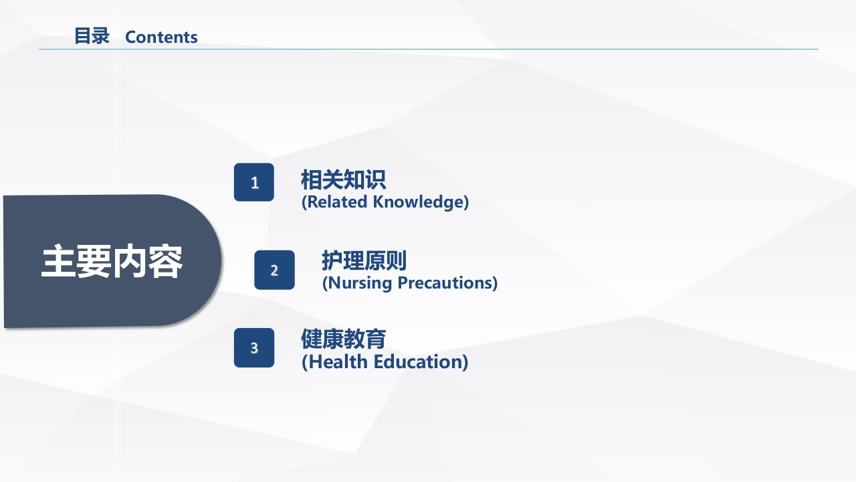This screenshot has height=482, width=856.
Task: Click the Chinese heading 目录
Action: [92, 36]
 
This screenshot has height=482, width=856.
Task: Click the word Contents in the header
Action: [161, 37]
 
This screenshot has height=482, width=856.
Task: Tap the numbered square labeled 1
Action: [254, 182]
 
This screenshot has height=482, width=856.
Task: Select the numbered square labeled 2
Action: [274, 270]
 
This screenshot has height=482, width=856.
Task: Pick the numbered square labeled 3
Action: [254, 347]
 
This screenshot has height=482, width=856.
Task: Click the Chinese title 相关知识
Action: [343, 180]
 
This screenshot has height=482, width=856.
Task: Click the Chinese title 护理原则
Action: [364, 260]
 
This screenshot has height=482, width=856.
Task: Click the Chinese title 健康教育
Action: [343, 339]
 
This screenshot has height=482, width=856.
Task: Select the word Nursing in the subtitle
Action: [360, 283]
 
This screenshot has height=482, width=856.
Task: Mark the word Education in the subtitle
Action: [421, 362]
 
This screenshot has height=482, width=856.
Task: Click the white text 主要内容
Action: [112, 262]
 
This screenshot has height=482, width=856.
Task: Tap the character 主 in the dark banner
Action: [58, 262]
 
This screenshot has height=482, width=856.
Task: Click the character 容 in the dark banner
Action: [165, 262]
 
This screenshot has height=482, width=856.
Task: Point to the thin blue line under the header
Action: [428, 49]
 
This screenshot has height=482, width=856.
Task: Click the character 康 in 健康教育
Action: [332, 339]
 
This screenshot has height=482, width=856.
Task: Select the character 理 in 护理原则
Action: [353, 260]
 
